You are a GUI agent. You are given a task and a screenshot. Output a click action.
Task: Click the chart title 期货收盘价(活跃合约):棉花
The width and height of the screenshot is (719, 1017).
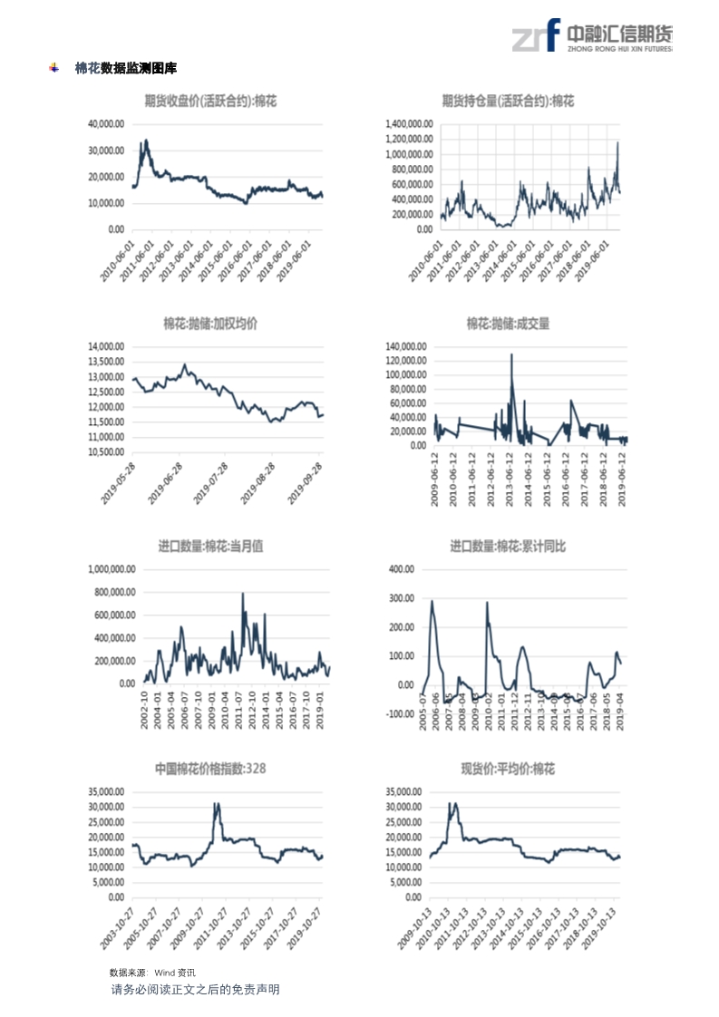[x=210, y=102]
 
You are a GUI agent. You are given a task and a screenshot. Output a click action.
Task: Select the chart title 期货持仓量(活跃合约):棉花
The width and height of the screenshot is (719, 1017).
[x=508, y=102]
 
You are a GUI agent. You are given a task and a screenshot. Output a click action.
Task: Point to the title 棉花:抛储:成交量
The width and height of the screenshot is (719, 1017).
[x=508, y=324]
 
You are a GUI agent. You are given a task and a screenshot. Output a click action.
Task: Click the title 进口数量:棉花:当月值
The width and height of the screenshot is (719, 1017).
[x=210, y=547]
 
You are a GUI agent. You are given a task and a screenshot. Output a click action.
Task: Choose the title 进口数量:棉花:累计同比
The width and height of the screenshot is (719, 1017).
[x=508, y=547]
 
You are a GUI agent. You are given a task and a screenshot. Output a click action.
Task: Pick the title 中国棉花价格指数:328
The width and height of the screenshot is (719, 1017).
[x=210, y=769]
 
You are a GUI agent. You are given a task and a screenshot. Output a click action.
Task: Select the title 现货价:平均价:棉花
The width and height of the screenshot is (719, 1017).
[x=508, y=769]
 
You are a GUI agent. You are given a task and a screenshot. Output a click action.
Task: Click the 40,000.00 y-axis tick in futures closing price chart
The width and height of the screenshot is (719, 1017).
[x=106, y=124]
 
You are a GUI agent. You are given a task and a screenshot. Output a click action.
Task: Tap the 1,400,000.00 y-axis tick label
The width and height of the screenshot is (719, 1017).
[x=407, y=124]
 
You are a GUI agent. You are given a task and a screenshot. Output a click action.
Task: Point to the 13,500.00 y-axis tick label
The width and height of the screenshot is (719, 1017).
[x=106, y=362]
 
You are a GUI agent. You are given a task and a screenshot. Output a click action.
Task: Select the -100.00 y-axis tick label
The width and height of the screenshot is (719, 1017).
[x=400, y=714]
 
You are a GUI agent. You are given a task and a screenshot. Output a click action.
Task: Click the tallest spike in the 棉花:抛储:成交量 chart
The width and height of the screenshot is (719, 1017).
[x=511, y=354]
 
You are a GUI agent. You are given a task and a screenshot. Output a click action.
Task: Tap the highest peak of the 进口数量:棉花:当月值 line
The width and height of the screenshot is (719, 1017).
[x=243, y=595]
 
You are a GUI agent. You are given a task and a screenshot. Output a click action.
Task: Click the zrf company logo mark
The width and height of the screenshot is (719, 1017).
[x=535, y=36]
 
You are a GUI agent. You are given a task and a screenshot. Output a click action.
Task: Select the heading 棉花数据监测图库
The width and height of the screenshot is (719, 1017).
[x=126, y=68]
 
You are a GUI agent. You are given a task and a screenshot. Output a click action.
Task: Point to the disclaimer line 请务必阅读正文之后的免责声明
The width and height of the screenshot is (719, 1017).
[x=195, y=989]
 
